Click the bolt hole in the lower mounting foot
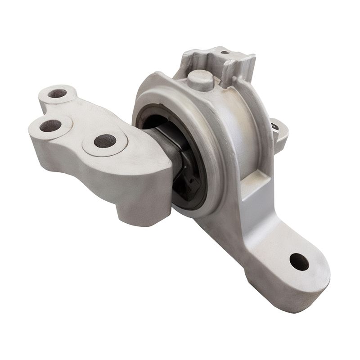(x=299, y=261)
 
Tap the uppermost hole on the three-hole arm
(x=57, y=94)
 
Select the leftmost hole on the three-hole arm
(x=50, y=126)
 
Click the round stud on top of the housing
(x=200, y=80)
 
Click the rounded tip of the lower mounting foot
(x=315, y=279)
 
